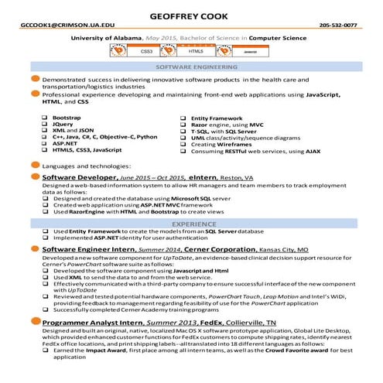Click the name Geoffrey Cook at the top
(191, 14)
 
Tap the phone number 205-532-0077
(338, 25)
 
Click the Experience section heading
(191, 223)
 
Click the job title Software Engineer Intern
(89, 250)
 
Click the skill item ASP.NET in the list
(65, 143)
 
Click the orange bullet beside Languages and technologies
(35, 166)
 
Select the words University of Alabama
(106, 37)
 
